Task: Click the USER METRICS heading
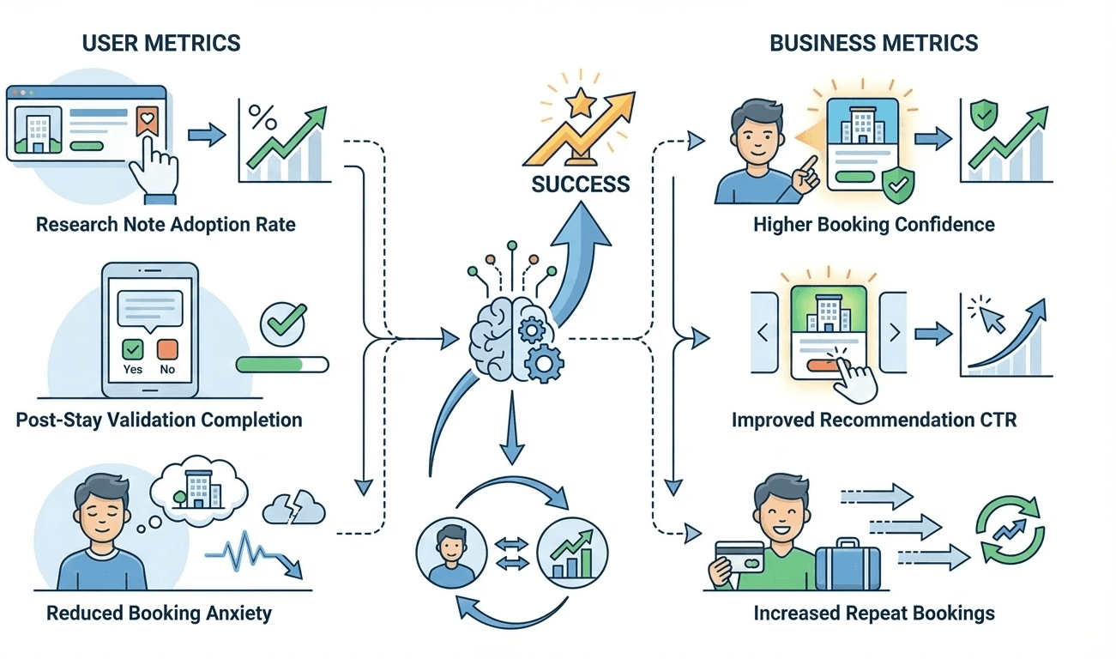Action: (x=161, y=43)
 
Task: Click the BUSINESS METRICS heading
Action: (x=874, y=43)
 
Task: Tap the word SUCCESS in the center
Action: (x=581, y=184)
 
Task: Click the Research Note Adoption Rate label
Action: (x=166, y=225)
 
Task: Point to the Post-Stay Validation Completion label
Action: (x=159, y=420)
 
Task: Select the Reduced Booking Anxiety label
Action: (x=159, y=613)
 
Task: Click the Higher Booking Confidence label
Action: (x=874, y=225)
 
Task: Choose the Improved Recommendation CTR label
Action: (x=874, y=420)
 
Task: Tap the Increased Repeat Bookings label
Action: (x=874, y=613)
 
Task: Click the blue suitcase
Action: (x=848, y=566)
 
